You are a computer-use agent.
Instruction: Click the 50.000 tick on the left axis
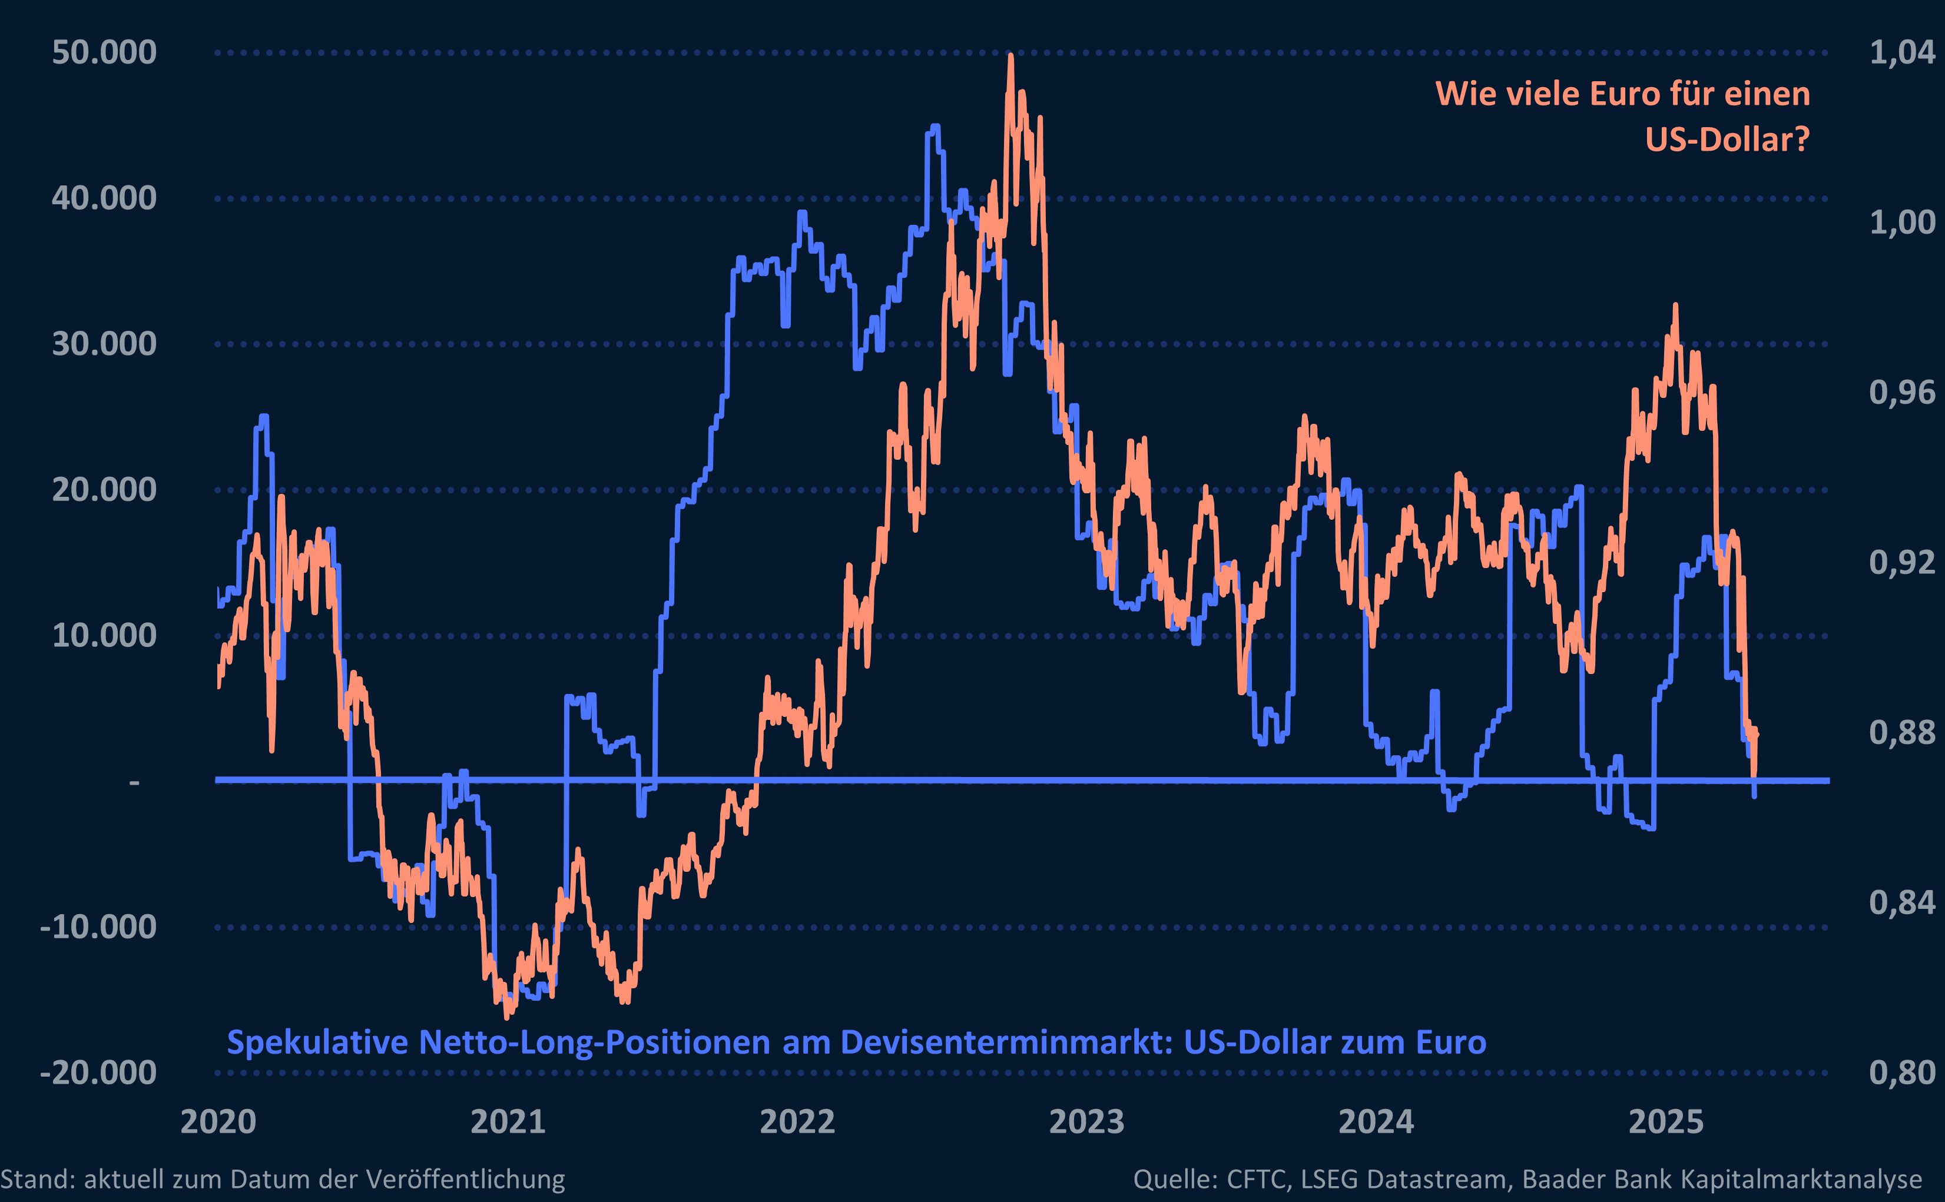pyautogui.click(x=104, y=52)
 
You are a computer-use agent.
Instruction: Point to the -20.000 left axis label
pyautogui.click(x=98, y=1072)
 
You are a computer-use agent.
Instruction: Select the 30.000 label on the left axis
pyautogui.click(x=104, y=344)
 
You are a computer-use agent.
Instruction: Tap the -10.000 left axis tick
pyautogui.click(x=98, y=927)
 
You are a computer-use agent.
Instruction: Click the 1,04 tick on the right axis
pyautogui.click(x=1902, y=52)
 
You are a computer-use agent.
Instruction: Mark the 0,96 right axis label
pyautogui.click(x=1902, y=392)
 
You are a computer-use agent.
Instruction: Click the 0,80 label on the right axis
pyautogui.click(x=1902, y=1072)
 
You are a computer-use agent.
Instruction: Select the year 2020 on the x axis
pyautogui.click(x=218, y=1122)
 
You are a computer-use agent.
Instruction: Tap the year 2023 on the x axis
pyautogui.click(x=1086, y=1122)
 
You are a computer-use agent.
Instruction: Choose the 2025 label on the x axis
pyautogui.click(x=1666, y=1122)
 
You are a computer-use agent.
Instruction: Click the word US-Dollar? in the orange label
pyautogui.click(x=1727, y=140)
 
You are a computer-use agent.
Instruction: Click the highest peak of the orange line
pyautogui.click(x=1010, y=56)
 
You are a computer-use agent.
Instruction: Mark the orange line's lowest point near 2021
pyautogui.click(x=508, y=1016)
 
